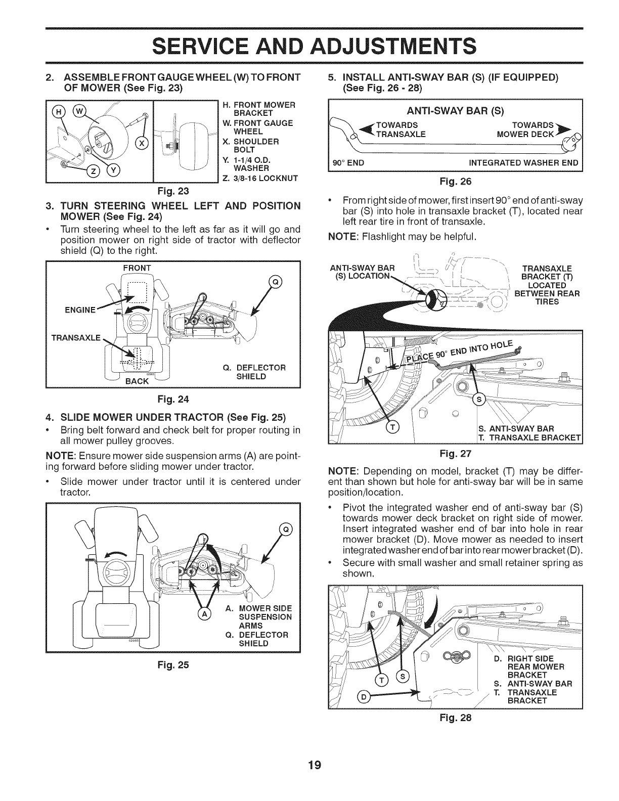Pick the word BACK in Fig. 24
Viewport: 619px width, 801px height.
tap(137, 380)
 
